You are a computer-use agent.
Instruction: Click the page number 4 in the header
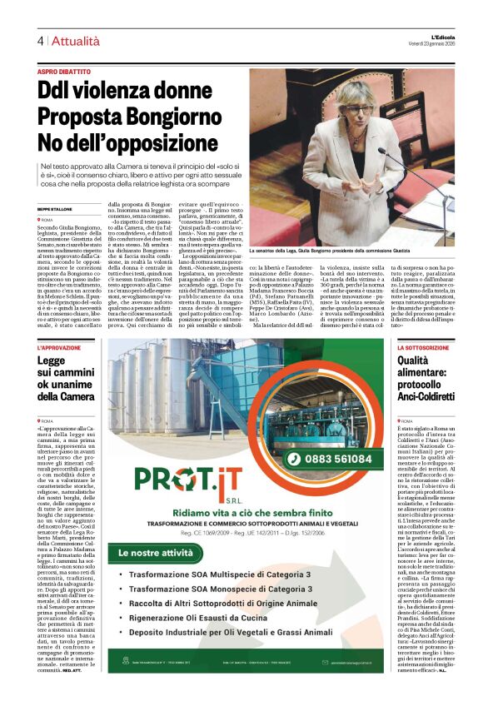pos(40,40)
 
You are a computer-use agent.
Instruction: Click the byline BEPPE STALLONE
pos(54,209)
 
